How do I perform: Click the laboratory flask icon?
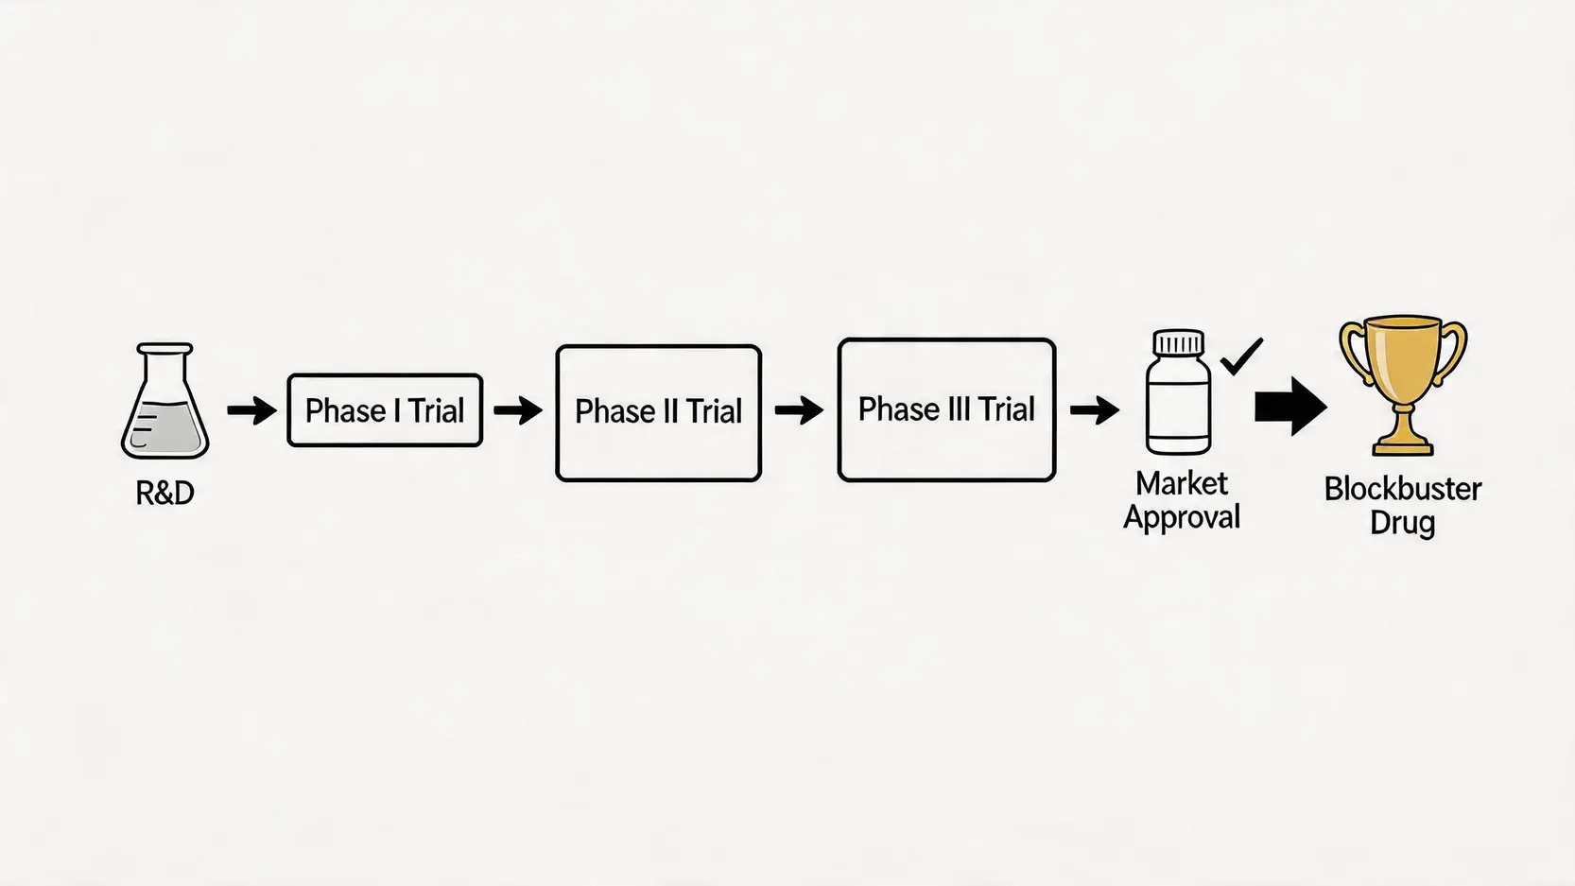point(165,401)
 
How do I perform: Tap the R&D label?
point(164,493)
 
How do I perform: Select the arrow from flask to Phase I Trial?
point(251,410)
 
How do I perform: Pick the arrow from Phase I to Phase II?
point(518,410)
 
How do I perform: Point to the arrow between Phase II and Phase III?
point(800,410)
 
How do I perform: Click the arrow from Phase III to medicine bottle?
point(1095,410)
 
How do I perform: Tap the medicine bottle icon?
point(1179,391)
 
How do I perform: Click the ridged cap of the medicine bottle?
point(1179,341)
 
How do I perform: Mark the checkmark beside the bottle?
point(1241,356)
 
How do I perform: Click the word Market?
point(1182,484)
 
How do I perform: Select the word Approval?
point(1182,518)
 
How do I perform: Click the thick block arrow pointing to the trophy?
point(1291,407)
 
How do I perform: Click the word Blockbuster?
point(1403,490)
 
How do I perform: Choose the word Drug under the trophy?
point(1403,524)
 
